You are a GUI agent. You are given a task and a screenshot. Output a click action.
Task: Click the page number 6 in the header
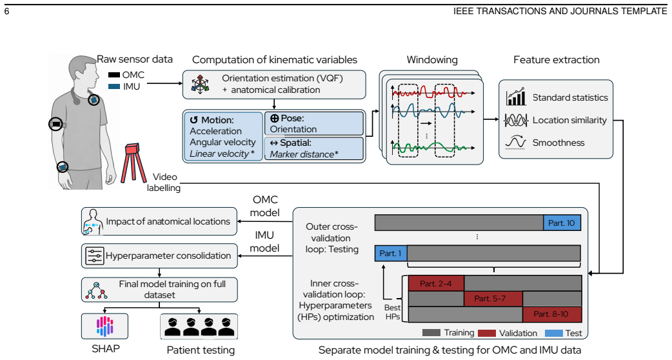coord(6,12)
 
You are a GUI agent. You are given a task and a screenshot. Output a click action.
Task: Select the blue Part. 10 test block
coord(562,223)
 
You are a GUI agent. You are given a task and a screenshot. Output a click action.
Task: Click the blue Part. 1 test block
coord(390,254)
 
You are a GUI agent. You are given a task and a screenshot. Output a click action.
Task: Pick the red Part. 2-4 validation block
coord(436,283)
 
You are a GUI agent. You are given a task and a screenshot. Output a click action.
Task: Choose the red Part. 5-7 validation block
coord(493,299)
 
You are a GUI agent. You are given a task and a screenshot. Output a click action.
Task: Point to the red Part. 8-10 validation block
coord(552,314)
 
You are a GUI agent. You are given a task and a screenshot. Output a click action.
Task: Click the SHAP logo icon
coord(104,326)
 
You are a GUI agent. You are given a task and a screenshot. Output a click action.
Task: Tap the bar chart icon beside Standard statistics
coord(515,97)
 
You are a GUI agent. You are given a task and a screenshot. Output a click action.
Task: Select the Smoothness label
coord(558,143)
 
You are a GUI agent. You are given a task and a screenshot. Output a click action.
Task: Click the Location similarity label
coord(569,120)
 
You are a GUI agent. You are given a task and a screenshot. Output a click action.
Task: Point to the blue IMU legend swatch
coord(114,86)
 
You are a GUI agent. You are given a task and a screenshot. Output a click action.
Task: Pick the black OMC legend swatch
coord(114,75)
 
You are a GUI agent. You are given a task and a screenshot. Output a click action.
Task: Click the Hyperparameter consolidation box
coord(159,256)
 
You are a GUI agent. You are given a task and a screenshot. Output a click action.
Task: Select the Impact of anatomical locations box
coord(159,221)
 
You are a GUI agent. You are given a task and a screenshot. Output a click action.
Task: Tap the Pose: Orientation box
coord(314,123)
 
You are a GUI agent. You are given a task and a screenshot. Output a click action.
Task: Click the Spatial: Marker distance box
coord(314,148)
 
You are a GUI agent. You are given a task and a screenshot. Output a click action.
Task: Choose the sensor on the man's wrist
coord(63,166)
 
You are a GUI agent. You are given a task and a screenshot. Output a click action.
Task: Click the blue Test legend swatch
coord(553,333)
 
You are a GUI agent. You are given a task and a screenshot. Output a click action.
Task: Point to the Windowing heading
coord(432,59)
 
